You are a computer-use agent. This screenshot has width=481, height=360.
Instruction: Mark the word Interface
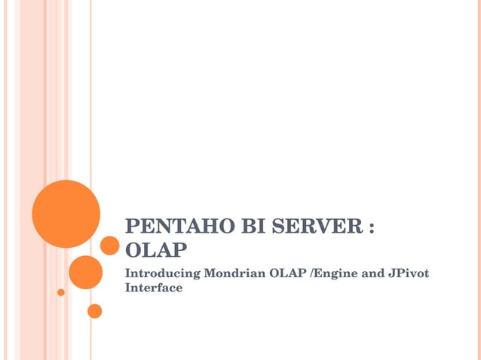pyautogui.click(x=154, y=288)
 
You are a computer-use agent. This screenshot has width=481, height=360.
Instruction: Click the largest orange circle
pyautogui.click(x=66, y=214)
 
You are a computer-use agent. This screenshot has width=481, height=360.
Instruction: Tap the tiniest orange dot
pyautogui.click(x=61, y=292)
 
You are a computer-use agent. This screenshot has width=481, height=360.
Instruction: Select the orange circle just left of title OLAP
pyautogui.click(x=110, y=246)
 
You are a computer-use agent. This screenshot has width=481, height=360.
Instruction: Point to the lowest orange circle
pyautogui.click(x=94, y=310)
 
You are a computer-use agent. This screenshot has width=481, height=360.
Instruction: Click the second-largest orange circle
pyautogui.click(x=85, y=272)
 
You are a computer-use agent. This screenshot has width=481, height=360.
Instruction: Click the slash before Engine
pyautogui.click(x=312, y=273)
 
